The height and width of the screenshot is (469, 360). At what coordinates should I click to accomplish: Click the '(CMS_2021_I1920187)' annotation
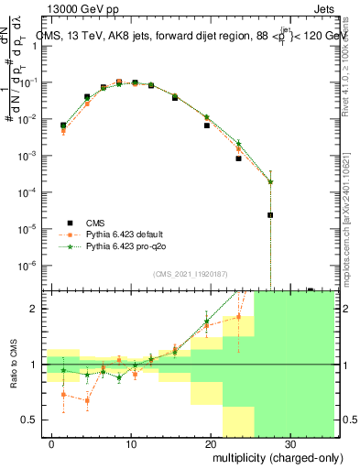coord(190,274)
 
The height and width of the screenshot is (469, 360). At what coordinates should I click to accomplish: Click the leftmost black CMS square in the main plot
coord(63,125)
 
